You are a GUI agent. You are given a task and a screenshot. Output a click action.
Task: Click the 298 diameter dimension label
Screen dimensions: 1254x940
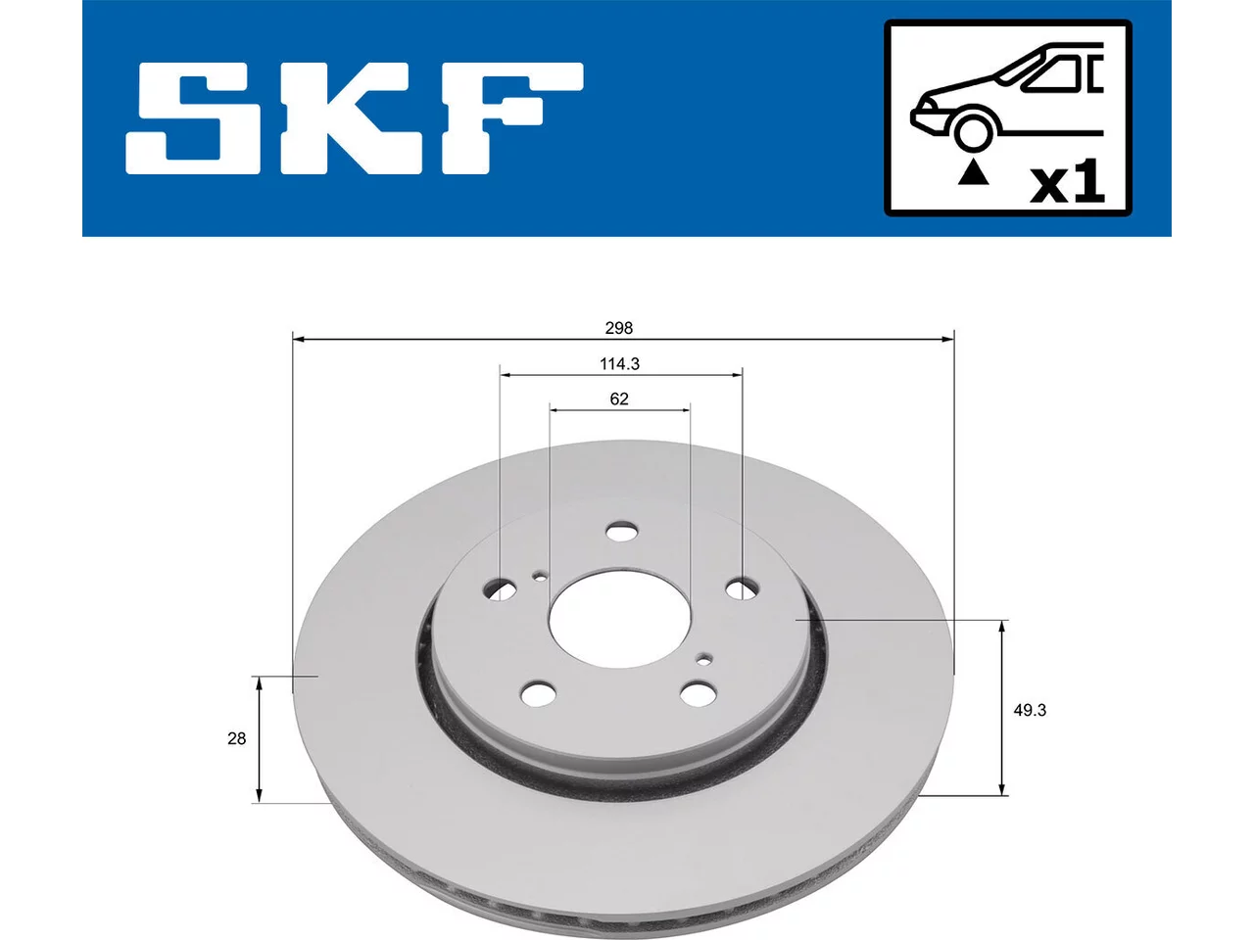point(619,328)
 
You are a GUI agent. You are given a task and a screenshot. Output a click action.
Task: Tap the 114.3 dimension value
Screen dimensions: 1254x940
point(619,363)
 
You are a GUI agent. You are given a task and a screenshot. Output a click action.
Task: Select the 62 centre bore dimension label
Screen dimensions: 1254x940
point(619,399)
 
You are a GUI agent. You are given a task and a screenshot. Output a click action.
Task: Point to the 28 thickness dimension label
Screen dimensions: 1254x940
point(236,738)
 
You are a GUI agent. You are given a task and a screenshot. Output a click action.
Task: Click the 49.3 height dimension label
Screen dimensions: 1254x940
point(1030,710)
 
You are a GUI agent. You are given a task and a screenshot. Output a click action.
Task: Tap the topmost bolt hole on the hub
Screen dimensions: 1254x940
point(621,533)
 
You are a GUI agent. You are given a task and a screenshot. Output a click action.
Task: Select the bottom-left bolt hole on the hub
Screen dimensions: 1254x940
point(538,694)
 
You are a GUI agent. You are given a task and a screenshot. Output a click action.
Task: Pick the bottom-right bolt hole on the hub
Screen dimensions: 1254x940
point(696,693)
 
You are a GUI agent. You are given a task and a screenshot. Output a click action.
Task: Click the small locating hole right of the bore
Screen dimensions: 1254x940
point(705,660)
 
